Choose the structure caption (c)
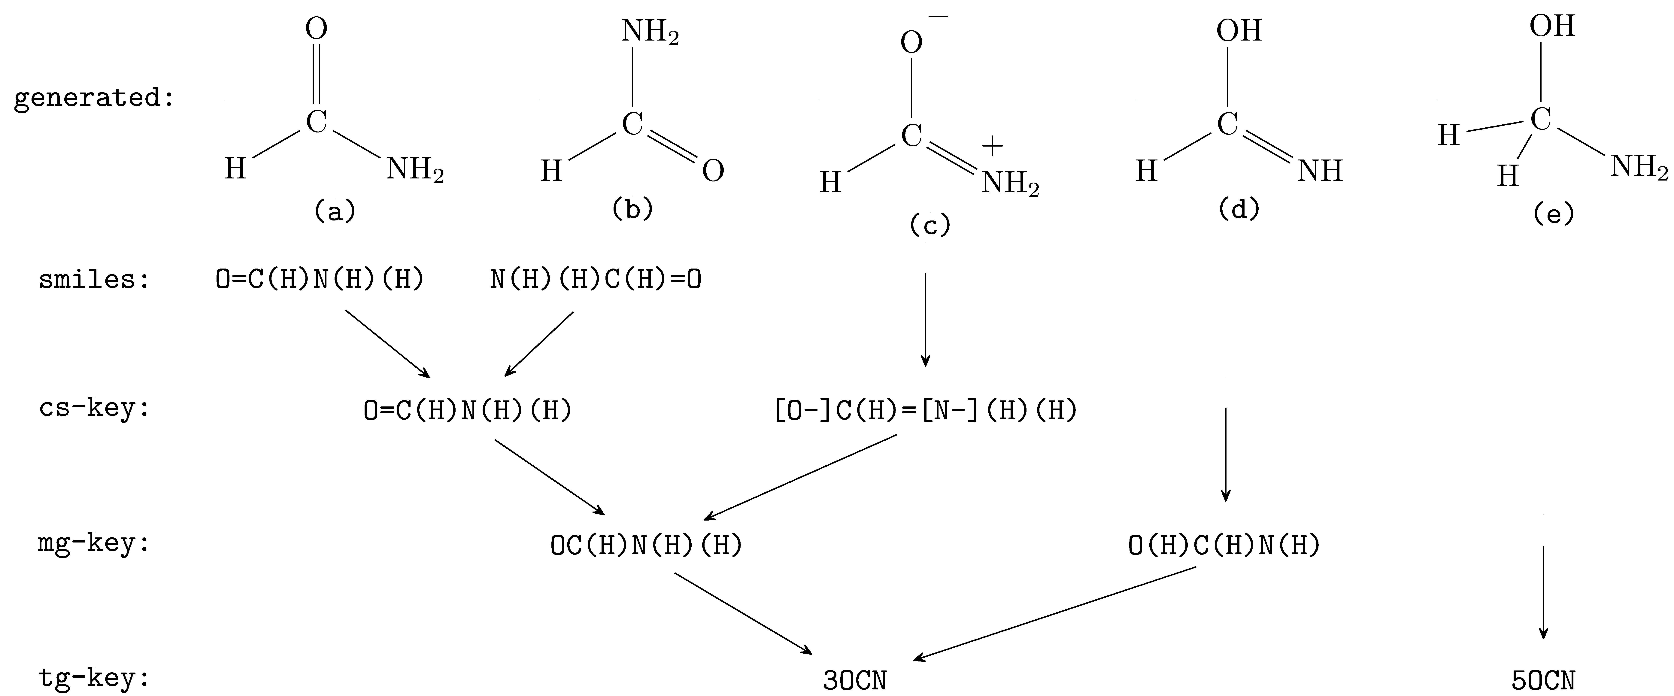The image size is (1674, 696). pyautogui.click(x=929, y=225)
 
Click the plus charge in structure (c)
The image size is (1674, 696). pyautogui.click(x=992, y=147)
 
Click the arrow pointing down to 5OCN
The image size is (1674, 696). pyautogui.click(x=1543, y=591)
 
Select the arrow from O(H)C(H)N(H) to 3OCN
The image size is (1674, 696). pyautogui.click(x=1056, y=614)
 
